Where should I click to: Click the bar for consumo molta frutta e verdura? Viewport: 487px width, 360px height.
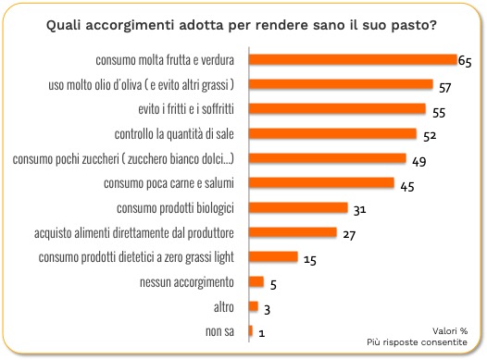click(353, 59)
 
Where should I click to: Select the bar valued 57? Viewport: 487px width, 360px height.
click(341, 84)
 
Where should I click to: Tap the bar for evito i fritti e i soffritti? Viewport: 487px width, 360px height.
click(337, 108)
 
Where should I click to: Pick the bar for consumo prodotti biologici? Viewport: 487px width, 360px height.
click(298, 207)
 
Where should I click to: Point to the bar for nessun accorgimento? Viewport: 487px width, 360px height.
click(256, 281)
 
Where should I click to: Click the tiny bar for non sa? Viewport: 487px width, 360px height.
click(251, 330)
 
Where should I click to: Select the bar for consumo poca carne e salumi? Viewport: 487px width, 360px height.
click(321, 183)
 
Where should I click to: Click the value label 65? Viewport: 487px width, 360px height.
click(465, 61)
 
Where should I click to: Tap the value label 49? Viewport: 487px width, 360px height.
click(419, 161)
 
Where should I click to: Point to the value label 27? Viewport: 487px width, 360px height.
click(349, 235)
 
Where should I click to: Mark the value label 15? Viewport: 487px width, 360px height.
click(310, 260)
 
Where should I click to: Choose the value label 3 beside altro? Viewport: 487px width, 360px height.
click(267, 309)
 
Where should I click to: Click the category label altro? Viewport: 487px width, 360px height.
click(224, 307)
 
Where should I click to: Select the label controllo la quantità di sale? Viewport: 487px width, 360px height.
click(174, 134)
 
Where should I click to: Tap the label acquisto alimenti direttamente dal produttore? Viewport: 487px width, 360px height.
click(134, 233)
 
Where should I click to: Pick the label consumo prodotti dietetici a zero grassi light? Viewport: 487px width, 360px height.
click(136, 257)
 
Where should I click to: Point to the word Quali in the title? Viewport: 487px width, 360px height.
click(64, 25)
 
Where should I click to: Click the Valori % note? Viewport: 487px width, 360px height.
click(450, 330)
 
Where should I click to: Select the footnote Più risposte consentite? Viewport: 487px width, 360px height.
click(417, 342)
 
